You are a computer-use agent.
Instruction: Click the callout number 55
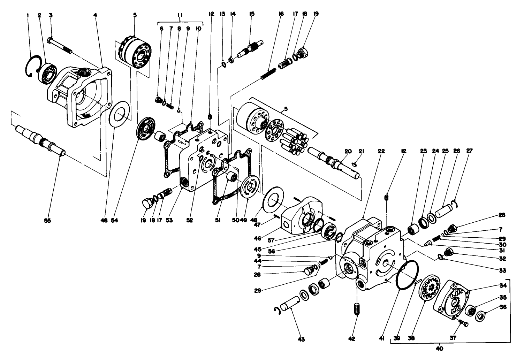coord(47,220)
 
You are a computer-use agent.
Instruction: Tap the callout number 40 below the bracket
coord(439,348)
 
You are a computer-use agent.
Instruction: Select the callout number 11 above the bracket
coord(180,15)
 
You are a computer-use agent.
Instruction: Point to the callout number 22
coord(381,151)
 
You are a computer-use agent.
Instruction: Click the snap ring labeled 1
coord(31,66)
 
